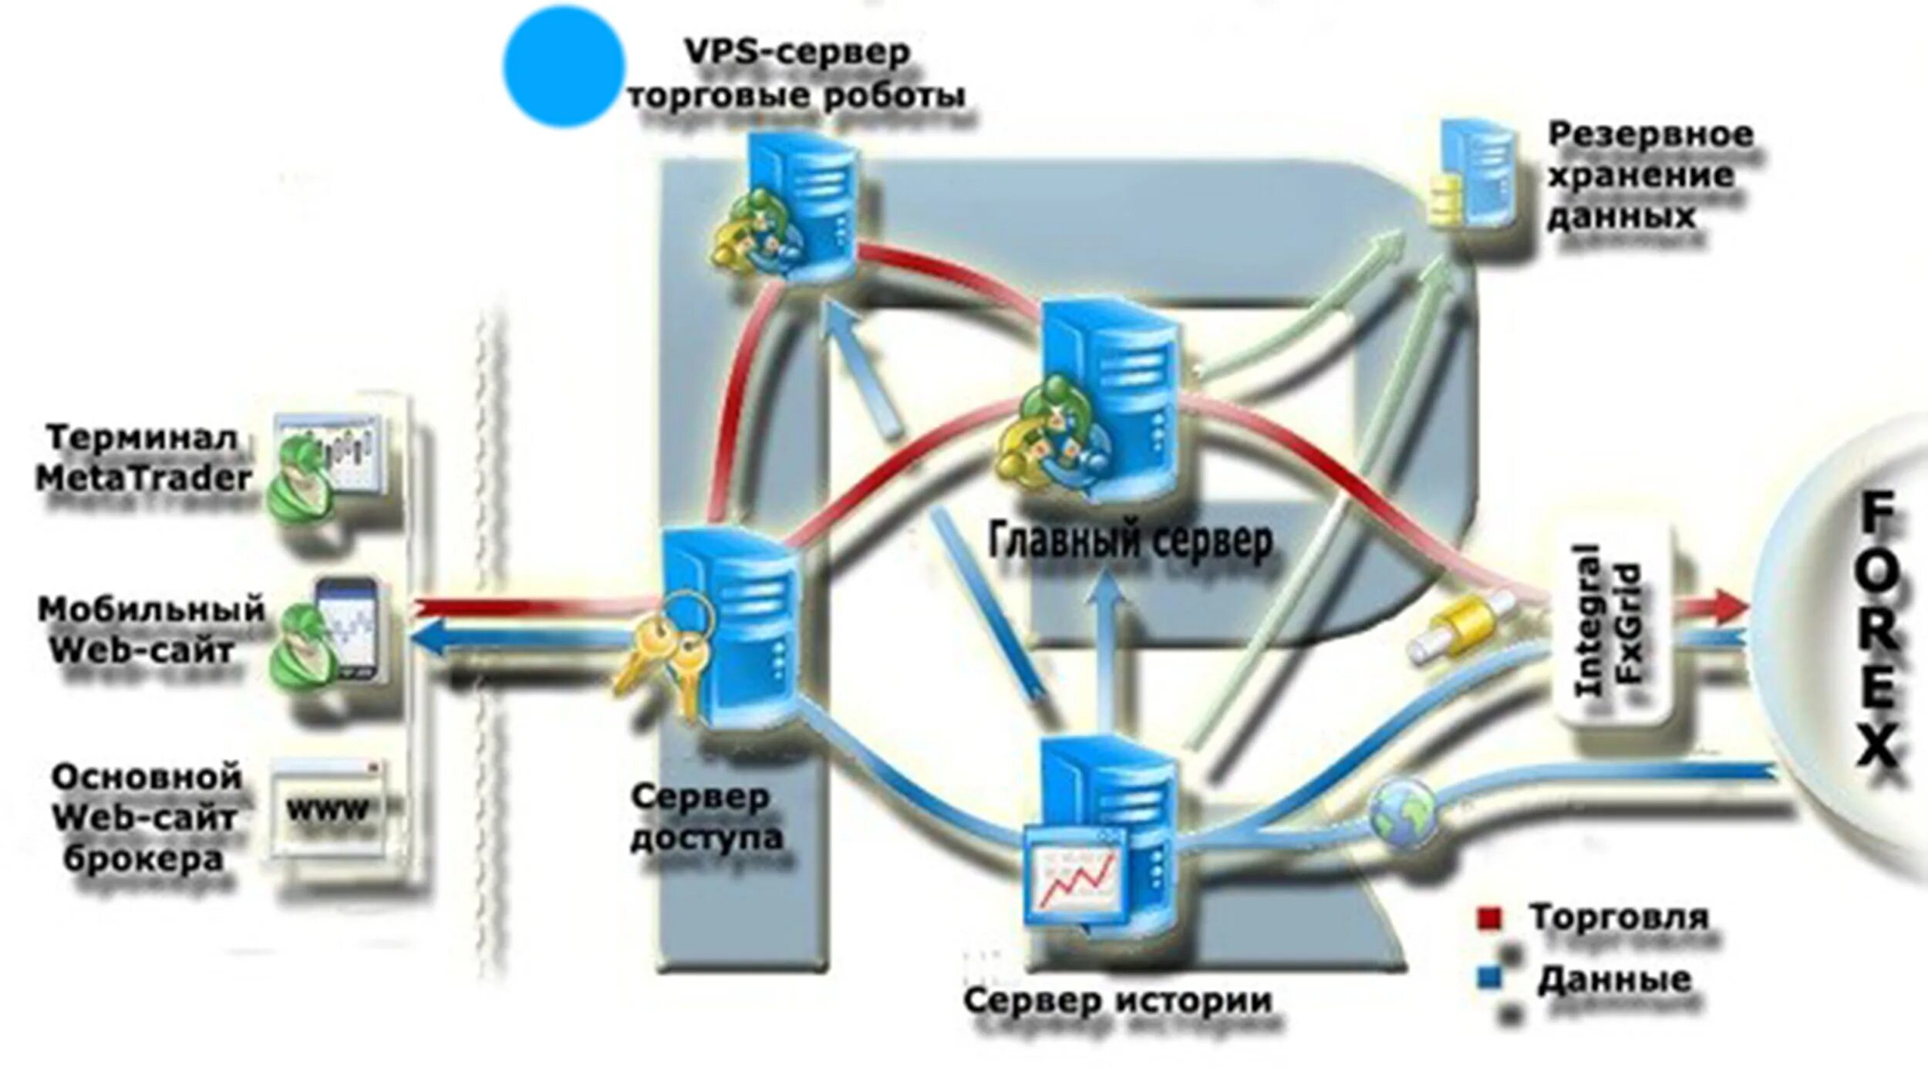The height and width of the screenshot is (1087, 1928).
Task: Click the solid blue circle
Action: click(563, 66)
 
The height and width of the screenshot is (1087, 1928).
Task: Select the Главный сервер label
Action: click(1130, 542)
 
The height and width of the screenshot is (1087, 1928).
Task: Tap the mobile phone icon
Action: click(349, 626)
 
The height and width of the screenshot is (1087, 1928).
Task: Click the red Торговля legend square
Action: click(1488, 919)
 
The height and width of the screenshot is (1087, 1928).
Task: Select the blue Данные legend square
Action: click(1489, 979)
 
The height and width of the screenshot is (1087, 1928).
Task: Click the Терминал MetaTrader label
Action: click(143, 458)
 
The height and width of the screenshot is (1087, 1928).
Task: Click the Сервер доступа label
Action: click(706, 819)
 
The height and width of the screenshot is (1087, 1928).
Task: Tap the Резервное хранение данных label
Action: click(1648, 175)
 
